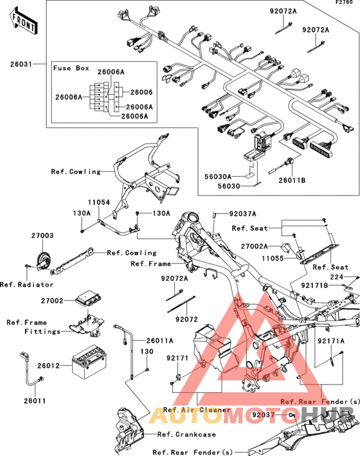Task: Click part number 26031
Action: [x=21, y=64]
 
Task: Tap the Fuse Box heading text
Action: [x=71, y=68]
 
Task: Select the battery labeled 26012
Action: [x=89, y=361]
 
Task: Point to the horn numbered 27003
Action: [x=44, y=260]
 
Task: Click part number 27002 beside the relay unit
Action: [x=52, y=301]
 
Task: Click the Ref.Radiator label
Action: [x=27, y=285]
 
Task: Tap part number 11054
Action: [x=99, y=202]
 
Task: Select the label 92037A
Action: [x=243, y=214]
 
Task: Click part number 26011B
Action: [x=292, y=180]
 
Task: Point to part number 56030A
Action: [x=218, y=176]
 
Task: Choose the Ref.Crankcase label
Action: [x=186, y=434]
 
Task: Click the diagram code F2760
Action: [x=344, y=3]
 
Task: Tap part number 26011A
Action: [x=159, y=340]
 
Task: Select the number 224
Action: [x=337, y=277]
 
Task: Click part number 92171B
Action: [x=314, y=286]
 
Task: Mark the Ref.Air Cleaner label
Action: [x=197, y=410]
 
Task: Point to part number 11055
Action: [x=273, y=259]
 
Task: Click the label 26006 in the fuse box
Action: [x=141, y=92]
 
